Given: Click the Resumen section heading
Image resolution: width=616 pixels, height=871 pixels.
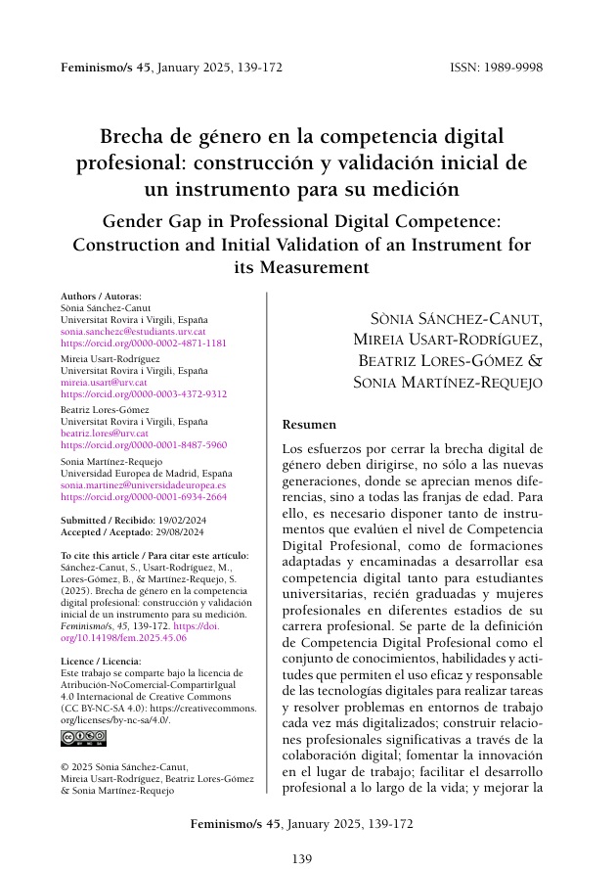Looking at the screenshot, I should pyautogui.click(x=308, y=426).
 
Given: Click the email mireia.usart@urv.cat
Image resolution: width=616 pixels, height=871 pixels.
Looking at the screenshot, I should pyautogui.click(x=104, y=382).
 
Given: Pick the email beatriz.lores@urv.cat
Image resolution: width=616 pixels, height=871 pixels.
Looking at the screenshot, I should pyautogui.click(x=105, y=433).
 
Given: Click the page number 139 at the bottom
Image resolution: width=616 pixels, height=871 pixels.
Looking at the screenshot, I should pyautogui.click(x=302, y=858).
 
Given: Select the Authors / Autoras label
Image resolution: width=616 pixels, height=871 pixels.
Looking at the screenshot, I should pyautogui.click(x=101, y=296).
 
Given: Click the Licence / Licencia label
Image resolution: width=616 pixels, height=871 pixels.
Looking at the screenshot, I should pyautogui.click(x=100, y=633).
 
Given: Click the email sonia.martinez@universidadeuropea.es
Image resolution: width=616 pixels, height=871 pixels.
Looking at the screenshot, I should pyautogui.click(x=143, y=483).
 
